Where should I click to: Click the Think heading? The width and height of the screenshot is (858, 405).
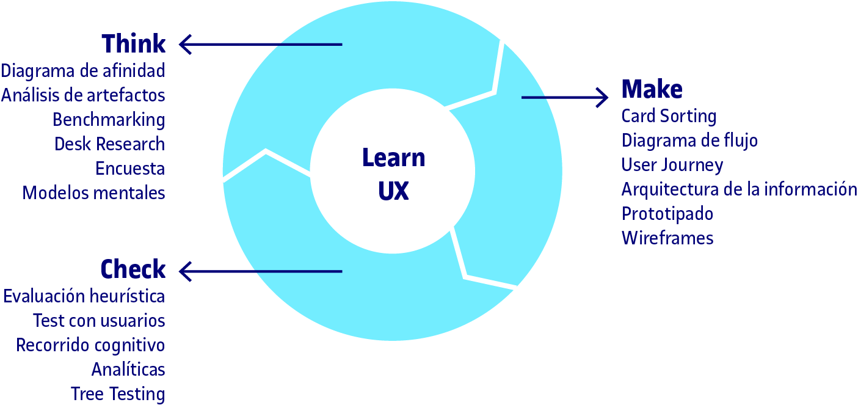click(133, 44)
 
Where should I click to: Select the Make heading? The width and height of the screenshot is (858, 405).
click(652, 89)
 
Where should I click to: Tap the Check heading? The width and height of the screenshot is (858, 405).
click(133, 269)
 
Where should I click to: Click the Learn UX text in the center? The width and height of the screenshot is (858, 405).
click(393, 174)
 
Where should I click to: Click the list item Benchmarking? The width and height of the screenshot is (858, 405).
click(109, 120)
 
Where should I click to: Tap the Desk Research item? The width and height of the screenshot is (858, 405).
click(109, 144)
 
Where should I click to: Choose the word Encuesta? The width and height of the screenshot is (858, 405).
click(130, 169)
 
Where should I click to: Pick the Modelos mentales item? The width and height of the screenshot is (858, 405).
click(93, 193)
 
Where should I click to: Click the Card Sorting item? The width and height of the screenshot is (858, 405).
click(669, 116)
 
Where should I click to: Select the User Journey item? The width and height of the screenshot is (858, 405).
click(672, 165)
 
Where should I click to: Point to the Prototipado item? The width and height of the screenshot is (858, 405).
click(667, 214)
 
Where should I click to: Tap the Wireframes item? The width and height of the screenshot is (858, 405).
click(667, 238)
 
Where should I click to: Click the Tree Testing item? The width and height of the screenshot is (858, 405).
click(117, 394)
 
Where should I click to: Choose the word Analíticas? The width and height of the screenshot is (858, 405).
click(128, 370)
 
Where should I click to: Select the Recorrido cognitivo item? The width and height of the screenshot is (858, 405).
click(90, 345)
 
